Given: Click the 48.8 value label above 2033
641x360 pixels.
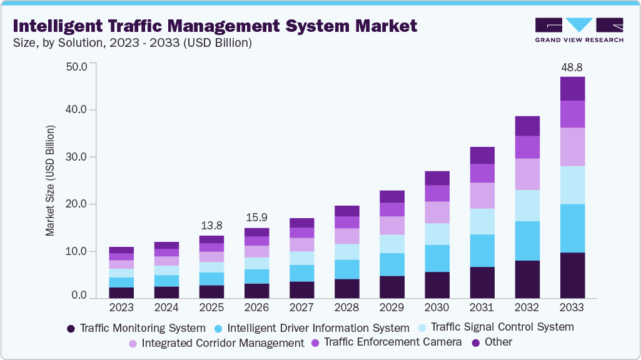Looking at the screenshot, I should pos(572,67).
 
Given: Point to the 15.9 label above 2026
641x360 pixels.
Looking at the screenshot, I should pos(257,218).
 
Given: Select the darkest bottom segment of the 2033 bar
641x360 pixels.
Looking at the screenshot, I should pos(572,275).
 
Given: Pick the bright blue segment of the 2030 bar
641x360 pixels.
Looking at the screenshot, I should pos(437,258).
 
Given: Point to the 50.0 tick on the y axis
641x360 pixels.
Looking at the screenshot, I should pos(77,66).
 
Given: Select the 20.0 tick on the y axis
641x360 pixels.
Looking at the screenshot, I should pos(77,204).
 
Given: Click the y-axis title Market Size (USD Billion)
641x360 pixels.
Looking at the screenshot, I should pos(50,181).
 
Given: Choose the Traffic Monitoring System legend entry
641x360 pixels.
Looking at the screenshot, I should pos(136,327).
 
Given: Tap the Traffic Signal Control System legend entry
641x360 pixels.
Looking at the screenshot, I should pos(497,327).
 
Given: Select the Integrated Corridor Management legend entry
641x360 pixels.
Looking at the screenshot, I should pos(216,343).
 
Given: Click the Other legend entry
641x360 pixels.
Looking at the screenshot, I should pos(492,342).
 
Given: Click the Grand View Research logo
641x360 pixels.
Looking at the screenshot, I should pos(580,30).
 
